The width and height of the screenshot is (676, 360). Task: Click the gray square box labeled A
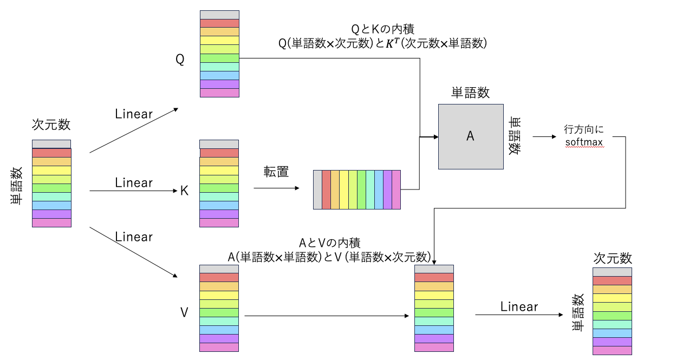(470, 136)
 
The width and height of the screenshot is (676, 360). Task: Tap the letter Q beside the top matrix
(180, 60)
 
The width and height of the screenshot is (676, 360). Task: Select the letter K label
(184, 191)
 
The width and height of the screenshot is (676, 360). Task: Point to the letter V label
(184, 312)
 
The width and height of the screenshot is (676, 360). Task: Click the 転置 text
(276, 172)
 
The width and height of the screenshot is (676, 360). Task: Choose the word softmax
(583, 143)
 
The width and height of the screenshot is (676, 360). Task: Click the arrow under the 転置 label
(276, 188)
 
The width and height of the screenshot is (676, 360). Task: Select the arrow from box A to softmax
(544, 136)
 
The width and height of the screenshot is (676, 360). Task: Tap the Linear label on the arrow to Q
(134, 114)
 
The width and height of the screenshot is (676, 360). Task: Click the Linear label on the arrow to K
(134, 183)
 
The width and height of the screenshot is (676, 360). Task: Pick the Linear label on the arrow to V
(134, 237)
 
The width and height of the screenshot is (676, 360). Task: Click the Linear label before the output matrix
(519, 307)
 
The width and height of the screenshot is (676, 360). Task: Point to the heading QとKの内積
(382, 28)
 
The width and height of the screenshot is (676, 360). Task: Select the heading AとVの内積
(329, 243)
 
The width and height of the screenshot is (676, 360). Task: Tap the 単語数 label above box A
(470, 93)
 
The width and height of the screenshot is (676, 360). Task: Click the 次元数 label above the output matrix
(613, 258)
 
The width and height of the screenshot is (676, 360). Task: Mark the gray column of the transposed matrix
(317, 189)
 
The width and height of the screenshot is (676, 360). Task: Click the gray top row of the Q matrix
(219, 15)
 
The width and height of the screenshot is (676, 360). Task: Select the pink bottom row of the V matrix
(219, 347)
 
